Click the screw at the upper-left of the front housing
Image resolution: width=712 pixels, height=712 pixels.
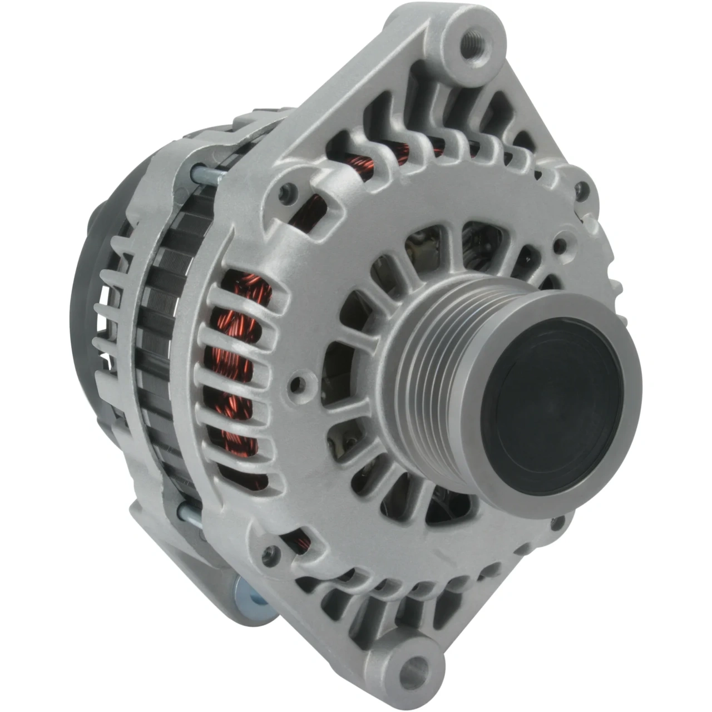point(286,192)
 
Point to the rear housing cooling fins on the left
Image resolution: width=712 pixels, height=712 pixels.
point(111,311)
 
